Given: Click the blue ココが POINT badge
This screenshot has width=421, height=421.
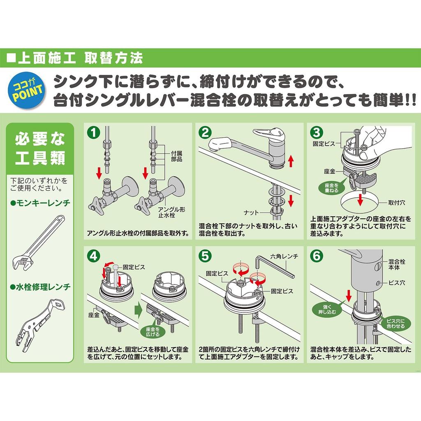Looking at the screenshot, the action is click(28, 90).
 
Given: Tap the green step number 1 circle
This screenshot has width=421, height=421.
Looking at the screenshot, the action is click(93, 132).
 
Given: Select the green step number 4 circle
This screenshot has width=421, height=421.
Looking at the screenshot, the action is click(93, 256).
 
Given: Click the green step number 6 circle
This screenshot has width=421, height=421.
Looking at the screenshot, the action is click(317, 256).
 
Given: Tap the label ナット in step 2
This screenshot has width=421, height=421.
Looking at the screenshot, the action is click(251, 213).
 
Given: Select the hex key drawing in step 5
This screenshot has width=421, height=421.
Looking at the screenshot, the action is click(275, 266).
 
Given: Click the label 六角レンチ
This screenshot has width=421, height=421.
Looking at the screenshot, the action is click(284, 257).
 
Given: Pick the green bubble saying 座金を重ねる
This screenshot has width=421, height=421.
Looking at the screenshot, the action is click(331, 187).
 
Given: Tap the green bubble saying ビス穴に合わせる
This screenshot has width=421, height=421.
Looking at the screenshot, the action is click(396, 324).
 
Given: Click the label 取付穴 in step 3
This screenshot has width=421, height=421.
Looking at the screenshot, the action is click(397, 203).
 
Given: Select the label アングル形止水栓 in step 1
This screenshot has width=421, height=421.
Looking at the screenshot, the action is click(171, 213).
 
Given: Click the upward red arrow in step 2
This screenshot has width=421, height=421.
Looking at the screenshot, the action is click(291, 161).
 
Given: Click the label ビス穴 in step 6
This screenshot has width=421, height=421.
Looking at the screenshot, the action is click(397, 283).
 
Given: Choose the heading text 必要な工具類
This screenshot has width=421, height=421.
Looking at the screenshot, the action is click(40, 148).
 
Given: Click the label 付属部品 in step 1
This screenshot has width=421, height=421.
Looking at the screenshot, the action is click(177, 156).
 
